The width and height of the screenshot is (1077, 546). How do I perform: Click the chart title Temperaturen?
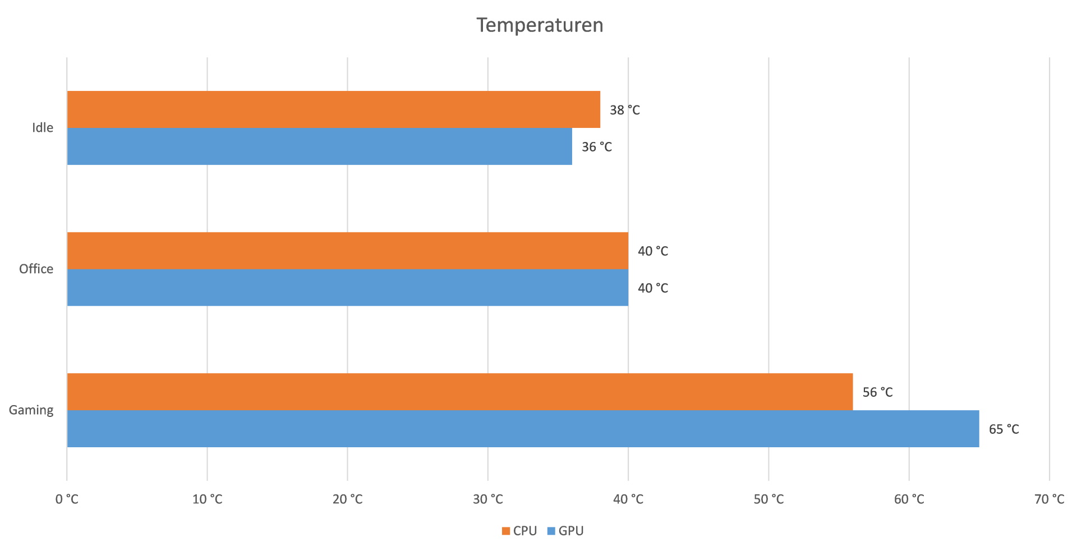[540, 25]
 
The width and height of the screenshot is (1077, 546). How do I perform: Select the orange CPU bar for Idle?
[333, 109]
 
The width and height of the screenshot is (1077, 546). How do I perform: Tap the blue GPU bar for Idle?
[319, 146]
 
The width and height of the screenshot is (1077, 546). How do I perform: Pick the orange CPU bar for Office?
[347, 251]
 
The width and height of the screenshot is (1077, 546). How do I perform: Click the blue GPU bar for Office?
[347, 288]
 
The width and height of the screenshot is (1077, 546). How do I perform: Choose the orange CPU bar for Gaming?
[459, 392]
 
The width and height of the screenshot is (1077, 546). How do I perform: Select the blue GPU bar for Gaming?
[523, 429]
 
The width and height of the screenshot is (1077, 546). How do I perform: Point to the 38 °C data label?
[624, 110]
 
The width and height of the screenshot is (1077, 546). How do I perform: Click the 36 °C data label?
[596, 147]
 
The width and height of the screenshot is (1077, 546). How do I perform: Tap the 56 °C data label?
[877, 392]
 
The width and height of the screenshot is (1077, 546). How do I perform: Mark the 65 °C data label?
[1004, 429]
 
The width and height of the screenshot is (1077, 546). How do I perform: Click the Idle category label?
[43, 128]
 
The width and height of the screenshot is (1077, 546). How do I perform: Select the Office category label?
[36, 269]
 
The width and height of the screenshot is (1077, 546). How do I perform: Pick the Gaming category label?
[31, 410]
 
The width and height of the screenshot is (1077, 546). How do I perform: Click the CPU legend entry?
[519, 531]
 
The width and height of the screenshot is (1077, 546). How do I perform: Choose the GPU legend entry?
[565, 531]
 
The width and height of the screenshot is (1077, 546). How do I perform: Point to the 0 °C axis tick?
[67, 499]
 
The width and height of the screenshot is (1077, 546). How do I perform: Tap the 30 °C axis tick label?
[487, 499]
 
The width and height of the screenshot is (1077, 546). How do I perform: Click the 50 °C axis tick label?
[768, 499]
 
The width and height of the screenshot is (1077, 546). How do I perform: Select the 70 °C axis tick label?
[1049, 499]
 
